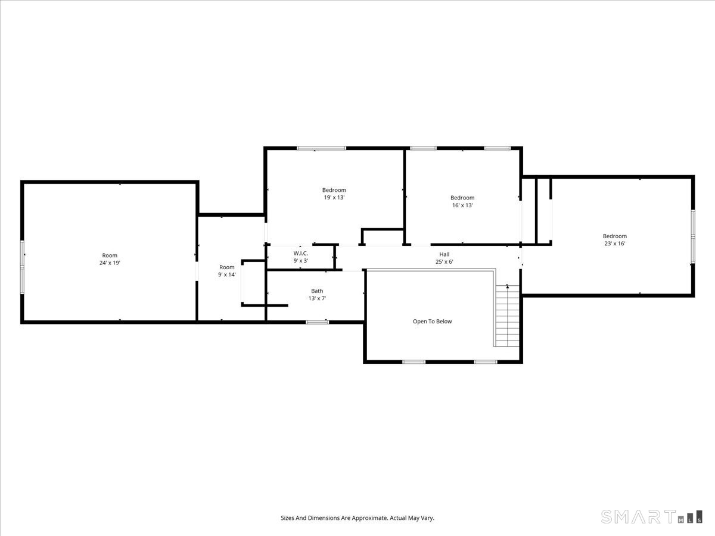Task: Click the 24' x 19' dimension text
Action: [110, 263]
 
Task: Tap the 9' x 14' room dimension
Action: [226, 275]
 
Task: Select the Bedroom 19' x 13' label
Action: [334, 194]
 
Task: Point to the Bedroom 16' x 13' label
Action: [462, 201]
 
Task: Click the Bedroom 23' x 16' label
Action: [614, 239]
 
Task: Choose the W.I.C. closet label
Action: [300, 257]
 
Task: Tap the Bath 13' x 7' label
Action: [317, 294]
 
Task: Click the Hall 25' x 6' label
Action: [444, 258]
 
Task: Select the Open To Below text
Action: [432, 322]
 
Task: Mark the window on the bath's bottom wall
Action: [317, 322]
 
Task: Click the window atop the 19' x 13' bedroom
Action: [322, 148]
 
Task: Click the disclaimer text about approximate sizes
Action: [357, 518]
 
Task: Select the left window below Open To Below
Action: [414, 362]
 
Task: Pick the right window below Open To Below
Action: [486, 362]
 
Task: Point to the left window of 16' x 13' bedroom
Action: [423, 148]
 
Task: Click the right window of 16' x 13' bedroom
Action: [497, 148]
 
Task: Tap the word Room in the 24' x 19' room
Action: [110, 255]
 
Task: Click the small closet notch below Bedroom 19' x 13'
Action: [383, 237]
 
